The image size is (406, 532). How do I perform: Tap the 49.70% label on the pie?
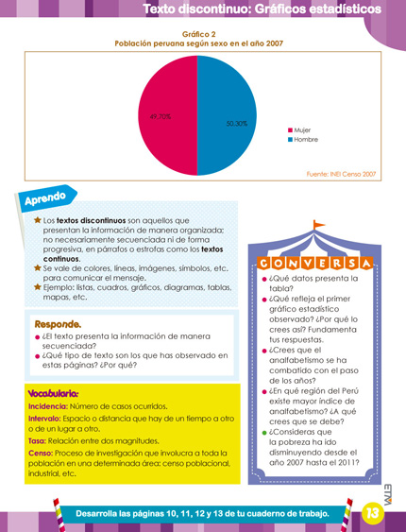(x=161, y=117)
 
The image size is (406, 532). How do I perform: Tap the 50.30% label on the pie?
(x=236, y=124)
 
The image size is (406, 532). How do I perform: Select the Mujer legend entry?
(x=303, y=129)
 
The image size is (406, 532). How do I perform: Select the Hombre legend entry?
(x=305, y=139)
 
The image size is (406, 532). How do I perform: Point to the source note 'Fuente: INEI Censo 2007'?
(x=342, y=174)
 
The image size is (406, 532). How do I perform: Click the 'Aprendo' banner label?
(x=44, y=198)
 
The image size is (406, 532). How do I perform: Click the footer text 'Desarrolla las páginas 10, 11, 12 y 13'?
(x=202, y=513)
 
